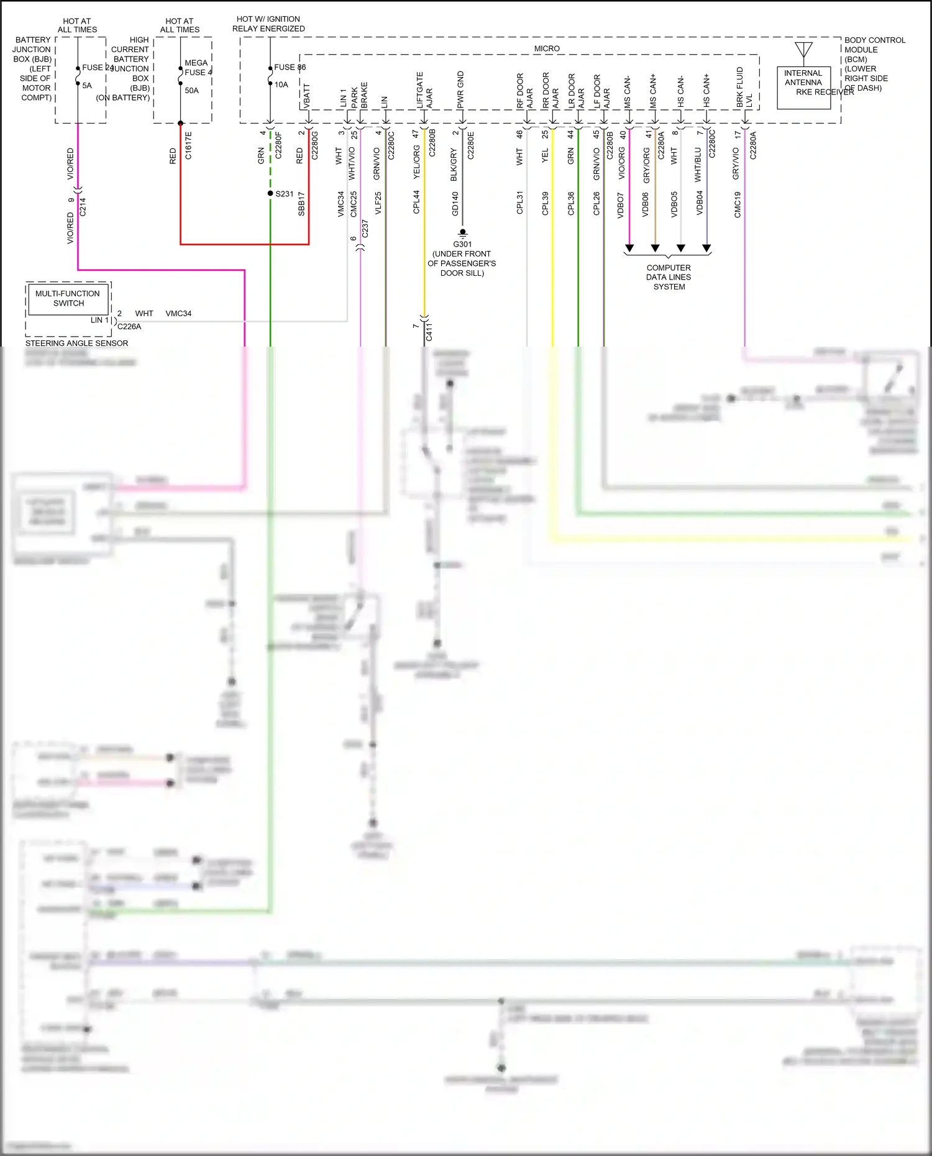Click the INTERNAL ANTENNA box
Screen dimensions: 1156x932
(803, 88)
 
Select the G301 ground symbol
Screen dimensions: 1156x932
(462, 234)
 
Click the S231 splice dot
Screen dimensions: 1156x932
(270, 193)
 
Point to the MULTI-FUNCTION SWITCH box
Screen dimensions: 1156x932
(68, 299)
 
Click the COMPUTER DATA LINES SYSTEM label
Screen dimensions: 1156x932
(669, 277)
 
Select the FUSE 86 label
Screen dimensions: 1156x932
(290, 67)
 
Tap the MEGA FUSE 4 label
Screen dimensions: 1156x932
(198, 68)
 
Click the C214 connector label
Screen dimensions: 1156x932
(83, 207)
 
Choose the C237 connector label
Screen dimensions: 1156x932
(365, 229)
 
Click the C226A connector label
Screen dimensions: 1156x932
(129, 326)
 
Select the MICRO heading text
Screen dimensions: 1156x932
(547, 48)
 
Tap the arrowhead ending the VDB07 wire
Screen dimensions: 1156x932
(629, 248)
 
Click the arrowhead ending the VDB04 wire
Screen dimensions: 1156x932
(706, 248)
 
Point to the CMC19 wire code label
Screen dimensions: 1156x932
(738, 204)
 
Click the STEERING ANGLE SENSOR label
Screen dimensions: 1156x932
(76, 343)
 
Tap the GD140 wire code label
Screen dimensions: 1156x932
(455, 204)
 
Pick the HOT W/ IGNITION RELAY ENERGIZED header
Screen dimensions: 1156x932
(268, 24)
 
